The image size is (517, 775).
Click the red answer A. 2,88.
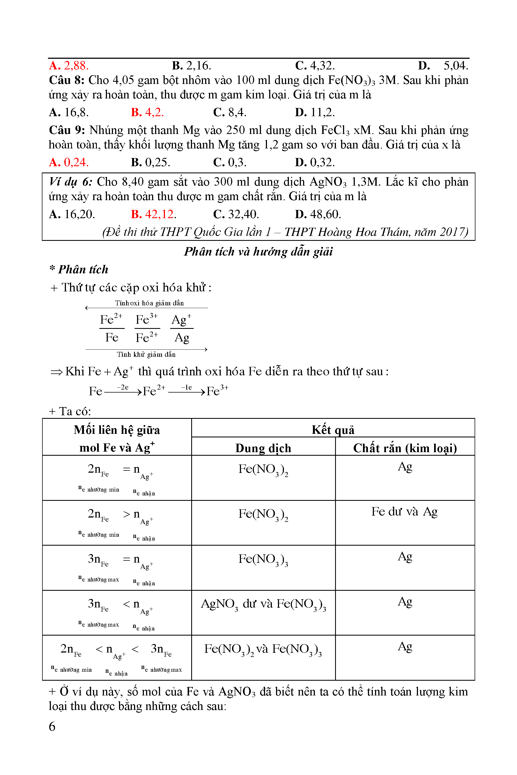click(x=69, y=66)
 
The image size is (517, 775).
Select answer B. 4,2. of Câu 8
click(x=147, y=112)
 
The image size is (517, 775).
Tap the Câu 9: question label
click(x=67, y=130)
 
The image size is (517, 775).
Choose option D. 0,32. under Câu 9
click(x=315, y=162)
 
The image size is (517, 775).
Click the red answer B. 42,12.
click(x=153, y=214)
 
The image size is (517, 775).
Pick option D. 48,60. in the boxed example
click(x=318, y=214)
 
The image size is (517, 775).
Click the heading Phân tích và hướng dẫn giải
click(x=258, y=251)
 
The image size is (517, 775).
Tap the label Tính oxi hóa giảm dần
click(x=149, y=303)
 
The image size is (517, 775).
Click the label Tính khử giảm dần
click(x=146, y=354)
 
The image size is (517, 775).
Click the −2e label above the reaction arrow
click(x=122, y=387)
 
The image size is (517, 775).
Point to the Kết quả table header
click(x=333, y=430)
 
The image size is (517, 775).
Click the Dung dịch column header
click(x=263, y=448)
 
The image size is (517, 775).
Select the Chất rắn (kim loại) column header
click(x=405, y=448)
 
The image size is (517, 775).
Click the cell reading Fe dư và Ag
click(x=404, y=511)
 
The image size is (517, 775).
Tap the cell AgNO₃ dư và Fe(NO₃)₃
click(x=263, y=604)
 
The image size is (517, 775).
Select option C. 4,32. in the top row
click(x=315, y=66)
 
